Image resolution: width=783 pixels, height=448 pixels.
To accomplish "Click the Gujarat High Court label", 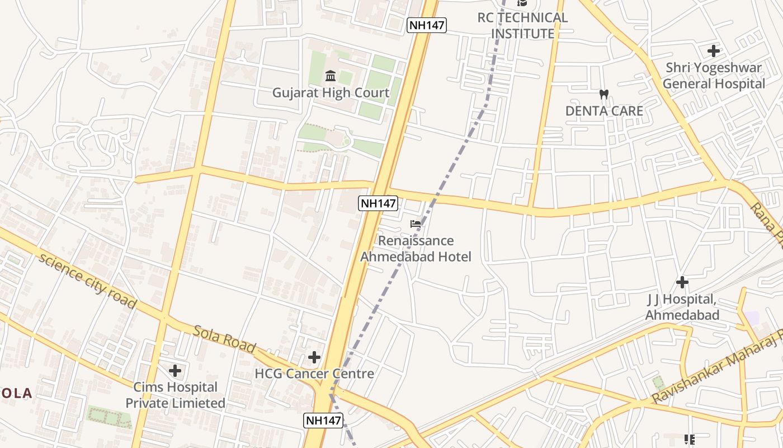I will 331,92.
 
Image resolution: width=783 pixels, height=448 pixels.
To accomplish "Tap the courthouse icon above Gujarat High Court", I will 331,76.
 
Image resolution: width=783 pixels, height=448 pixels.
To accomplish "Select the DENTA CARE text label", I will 604,111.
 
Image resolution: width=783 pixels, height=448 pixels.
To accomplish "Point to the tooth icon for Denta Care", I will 603,94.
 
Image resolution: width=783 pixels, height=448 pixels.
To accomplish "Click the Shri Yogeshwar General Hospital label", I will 714,76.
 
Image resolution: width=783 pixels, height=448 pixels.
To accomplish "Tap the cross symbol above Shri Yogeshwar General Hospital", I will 714,51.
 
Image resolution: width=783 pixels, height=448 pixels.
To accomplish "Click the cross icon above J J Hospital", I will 682,282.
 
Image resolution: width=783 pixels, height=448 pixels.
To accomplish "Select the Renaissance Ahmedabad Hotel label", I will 416,249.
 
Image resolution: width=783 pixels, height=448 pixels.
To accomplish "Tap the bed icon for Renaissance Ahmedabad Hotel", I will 416,224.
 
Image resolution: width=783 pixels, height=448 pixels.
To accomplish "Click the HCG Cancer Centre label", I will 314,374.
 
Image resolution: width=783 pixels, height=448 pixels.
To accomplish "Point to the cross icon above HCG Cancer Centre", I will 314,357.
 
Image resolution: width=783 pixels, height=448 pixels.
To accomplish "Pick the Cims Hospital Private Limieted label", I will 175,395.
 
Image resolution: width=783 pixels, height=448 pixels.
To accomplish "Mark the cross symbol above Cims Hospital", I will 175,370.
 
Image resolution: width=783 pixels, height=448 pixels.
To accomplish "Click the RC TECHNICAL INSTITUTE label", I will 522,25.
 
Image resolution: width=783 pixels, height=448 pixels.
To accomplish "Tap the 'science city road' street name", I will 87,281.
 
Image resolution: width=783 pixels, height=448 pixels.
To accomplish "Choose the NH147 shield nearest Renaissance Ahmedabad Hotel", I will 378,203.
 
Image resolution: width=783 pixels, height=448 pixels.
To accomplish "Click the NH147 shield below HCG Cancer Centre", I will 323,421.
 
